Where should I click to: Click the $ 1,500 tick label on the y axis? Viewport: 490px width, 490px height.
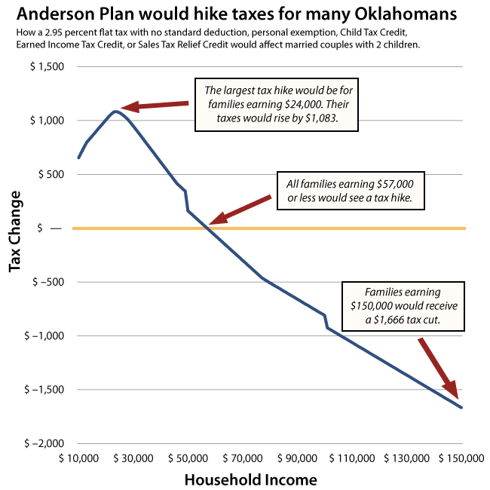click(x=47, y=66)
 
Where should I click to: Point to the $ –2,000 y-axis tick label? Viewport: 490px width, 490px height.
click(x=44, y=443)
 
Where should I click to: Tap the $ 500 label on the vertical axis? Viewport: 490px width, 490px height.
click(x=51, y=174)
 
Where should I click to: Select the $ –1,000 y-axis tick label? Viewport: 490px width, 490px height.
click(x=44, y=335)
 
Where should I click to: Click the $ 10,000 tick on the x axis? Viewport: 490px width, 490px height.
click(x=78, y=458)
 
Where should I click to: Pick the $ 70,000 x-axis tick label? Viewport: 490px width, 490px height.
click(x=243, y=458)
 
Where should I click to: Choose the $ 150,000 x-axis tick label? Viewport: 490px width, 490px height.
click(x=461, y=458)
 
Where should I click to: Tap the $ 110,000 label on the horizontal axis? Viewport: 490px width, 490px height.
click(x=352, y=458)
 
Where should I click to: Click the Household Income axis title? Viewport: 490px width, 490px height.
click(x=250, y=479)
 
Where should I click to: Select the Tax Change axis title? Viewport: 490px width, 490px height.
click(x=15, y=231)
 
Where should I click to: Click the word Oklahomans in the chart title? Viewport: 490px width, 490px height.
click(x=406, y=14)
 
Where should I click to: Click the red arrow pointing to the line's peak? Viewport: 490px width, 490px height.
click(x=155, y=106)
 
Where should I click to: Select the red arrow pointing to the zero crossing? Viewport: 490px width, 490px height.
click(x=240, y=210)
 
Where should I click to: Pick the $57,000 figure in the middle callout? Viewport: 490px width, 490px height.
click(x=395, y=184)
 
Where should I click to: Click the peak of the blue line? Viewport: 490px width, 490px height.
click(x=115, y=112)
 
